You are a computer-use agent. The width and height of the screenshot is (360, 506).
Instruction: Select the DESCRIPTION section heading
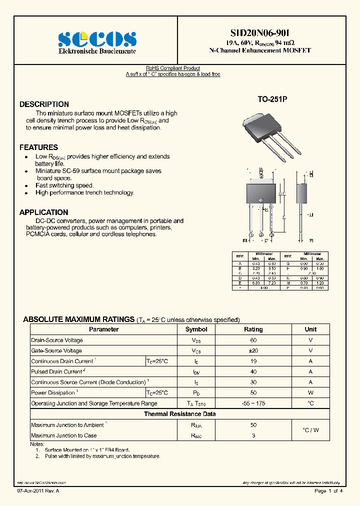click(44, 104)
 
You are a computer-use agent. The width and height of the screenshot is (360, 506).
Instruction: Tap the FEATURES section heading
click(38, 147)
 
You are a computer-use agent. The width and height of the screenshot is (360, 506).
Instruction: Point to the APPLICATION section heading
click(43, 212)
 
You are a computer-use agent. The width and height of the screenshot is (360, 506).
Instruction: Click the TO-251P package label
click(272, 99)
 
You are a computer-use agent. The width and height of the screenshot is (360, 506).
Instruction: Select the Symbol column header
click(196, 329)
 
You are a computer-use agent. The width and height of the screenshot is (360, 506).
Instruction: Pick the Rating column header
click(253, 329)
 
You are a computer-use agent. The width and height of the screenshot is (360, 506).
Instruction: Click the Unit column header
click(310, 329)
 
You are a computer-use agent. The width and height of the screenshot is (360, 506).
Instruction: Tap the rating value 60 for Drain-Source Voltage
click(253, 340)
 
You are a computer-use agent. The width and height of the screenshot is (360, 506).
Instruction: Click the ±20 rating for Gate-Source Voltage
click(253, 350)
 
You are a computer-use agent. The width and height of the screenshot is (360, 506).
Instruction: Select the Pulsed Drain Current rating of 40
click(253, 371)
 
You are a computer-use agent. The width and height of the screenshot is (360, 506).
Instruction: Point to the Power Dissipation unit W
click(310, 393)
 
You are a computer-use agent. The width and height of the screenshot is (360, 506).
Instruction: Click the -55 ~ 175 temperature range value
click(253, 403)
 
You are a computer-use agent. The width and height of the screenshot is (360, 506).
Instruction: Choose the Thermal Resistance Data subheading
click(180, 414)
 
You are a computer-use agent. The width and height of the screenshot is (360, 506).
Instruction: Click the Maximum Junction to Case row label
click(64, 435)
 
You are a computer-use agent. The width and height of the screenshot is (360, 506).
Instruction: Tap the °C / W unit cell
click(310, 430)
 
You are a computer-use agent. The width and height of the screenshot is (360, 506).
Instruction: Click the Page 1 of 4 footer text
click(328, 491)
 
